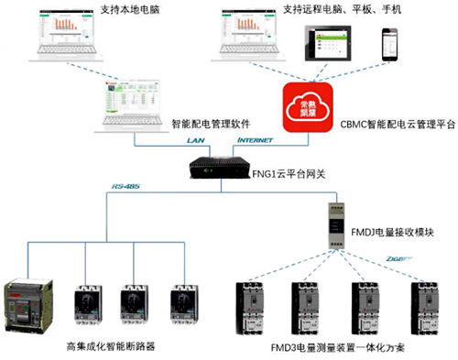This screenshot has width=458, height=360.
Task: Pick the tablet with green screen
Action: [331, 44]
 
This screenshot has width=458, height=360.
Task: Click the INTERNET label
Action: [254, 140]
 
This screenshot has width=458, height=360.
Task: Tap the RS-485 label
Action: [122, 189]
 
